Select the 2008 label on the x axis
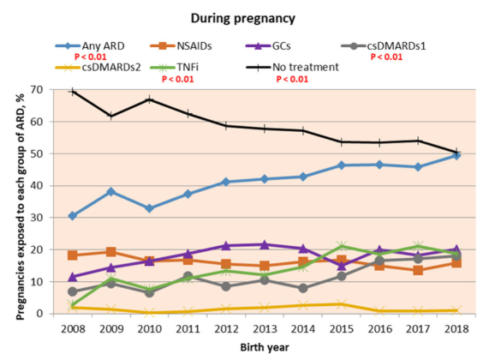point(73,327)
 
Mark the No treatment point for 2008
point(74,91)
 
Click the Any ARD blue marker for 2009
point(110,192)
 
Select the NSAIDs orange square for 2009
point(110,252)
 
